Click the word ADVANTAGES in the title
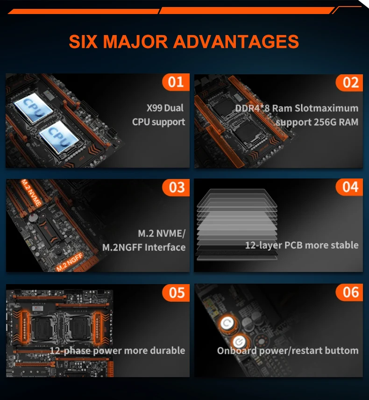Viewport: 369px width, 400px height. (236, 41)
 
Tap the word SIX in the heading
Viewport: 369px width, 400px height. (84, 41)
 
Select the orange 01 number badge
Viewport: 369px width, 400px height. (176, 82)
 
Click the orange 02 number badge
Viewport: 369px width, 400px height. (350, 82)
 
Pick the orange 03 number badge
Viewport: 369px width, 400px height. (176, 187)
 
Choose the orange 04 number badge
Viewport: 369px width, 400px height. (350, 187)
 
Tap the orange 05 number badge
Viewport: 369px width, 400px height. (176, 293)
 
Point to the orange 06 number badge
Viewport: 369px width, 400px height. (350, 293)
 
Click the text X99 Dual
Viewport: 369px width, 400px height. (165, 108)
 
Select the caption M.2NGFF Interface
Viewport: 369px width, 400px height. (144, 247)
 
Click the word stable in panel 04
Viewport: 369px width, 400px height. (342, 245)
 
